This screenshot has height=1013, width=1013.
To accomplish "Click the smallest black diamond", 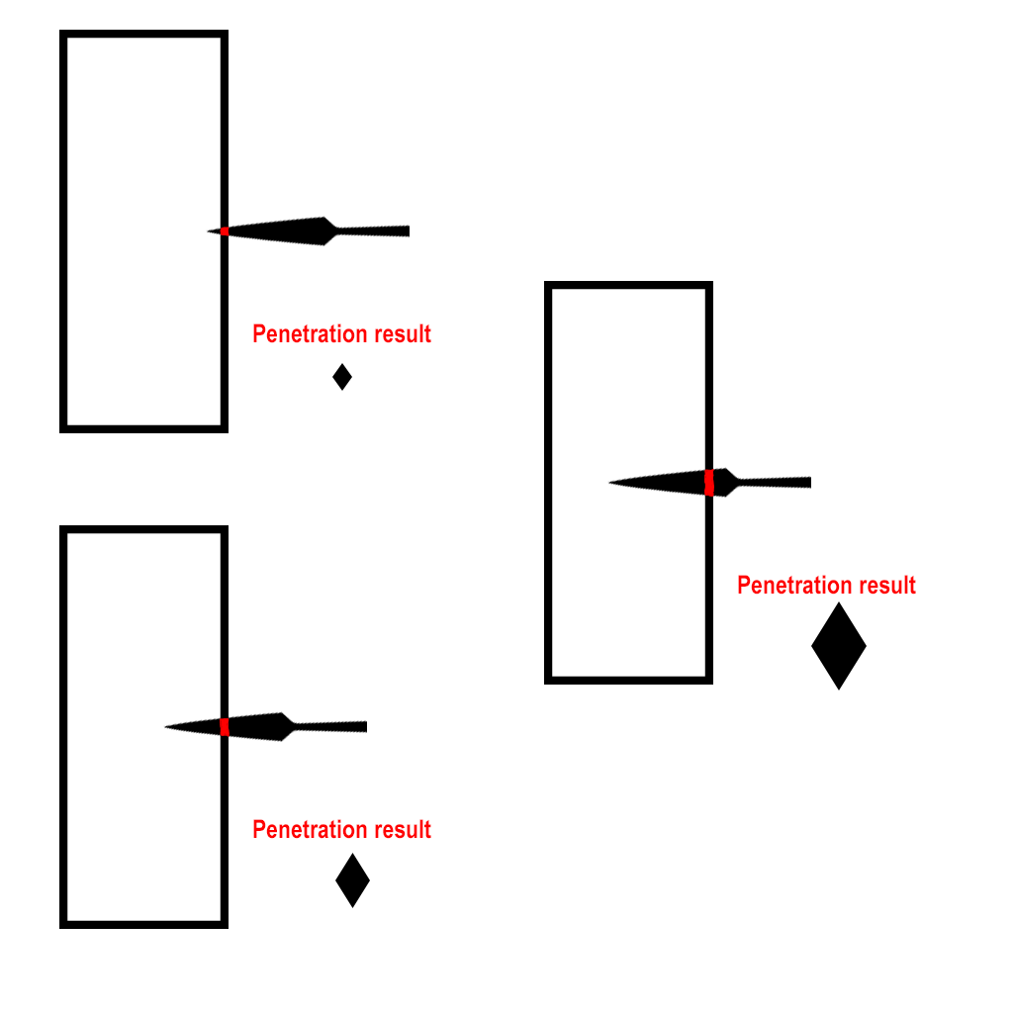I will tap(342, 376).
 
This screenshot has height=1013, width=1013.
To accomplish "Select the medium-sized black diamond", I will tap(352, 879).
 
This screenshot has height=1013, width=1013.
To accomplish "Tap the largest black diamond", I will tap(839, 646).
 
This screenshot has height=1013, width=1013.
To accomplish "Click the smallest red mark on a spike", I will tap(225, 231).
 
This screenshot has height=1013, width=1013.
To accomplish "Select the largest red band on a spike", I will tap(709, 483).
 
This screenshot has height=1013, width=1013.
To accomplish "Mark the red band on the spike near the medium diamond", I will tap(225, 727).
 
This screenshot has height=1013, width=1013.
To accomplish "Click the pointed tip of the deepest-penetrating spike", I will tap(610, 483).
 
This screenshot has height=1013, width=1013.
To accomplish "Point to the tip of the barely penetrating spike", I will tap(209, 231).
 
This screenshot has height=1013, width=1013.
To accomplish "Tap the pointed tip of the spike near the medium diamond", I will tap(166, 727).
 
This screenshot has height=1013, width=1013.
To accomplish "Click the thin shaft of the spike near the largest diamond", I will tap(777, 483).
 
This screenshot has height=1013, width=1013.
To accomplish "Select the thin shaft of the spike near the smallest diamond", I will tap(376, 231).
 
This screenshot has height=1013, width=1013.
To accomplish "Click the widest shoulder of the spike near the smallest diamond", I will tap(325, 231).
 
